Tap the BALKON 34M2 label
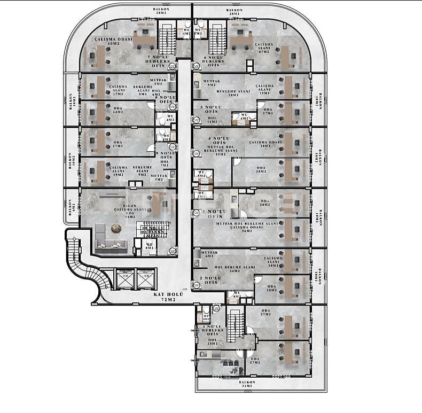coord(247,385)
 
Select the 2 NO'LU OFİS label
coord(210,280)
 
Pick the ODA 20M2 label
coord(271,289)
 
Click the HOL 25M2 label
coord(212,341)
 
